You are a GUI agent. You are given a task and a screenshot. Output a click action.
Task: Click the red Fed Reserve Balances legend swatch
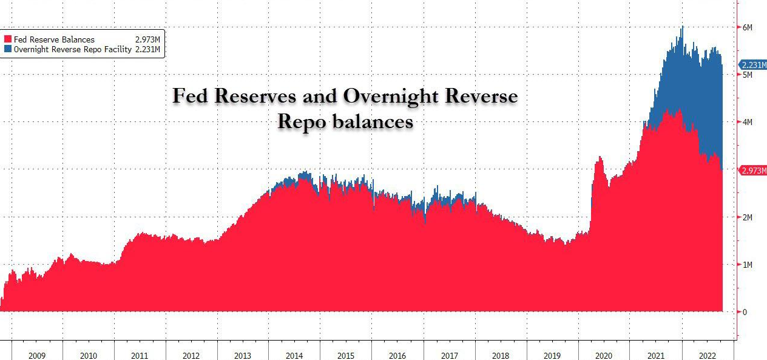point(8,39)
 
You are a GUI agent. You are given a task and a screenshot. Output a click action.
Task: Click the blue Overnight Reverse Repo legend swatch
point(8,49)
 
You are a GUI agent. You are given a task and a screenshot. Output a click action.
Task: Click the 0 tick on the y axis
point(745,312)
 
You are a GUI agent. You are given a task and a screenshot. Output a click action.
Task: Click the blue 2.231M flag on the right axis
point(752,65)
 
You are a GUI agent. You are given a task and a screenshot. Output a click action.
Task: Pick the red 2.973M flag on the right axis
point(752,171)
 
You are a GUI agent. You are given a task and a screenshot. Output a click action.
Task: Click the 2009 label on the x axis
point(36,355)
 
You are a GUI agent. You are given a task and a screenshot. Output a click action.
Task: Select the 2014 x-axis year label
point(294,355)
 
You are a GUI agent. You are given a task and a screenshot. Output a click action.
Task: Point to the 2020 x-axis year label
point(604,355)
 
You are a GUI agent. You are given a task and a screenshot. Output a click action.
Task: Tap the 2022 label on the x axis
point(707,355)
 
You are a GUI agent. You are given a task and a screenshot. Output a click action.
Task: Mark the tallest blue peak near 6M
point(683,27)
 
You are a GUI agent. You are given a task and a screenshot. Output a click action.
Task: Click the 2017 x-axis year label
point(449,355)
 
